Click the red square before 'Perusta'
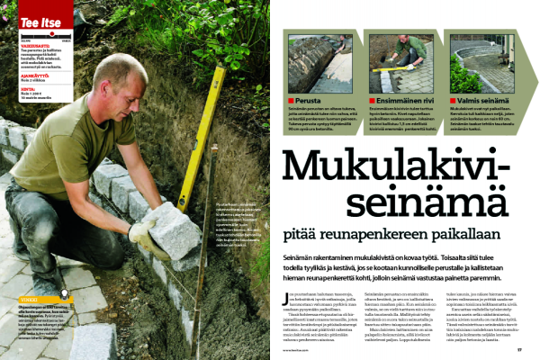[x=290, y=100]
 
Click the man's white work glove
[x=142, y=237]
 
